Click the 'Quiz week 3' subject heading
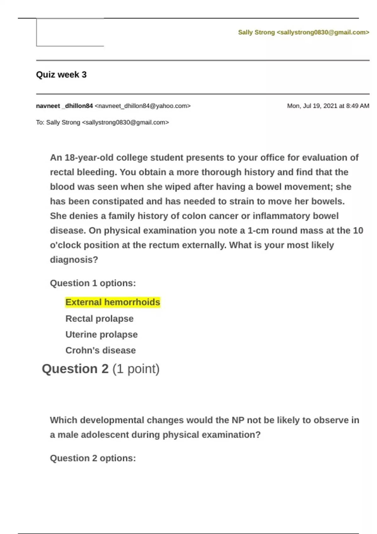tap(61, 75)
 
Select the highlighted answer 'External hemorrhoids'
tap(113, 302)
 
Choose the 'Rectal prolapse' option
tap(99, 319)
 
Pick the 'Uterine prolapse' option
tap(101, 335)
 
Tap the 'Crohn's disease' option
tap(101, 350)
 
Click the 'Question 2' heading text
tap(75, 369)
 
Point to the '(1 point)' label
tap(136, 369)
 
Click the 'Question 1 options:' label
tap(93, 283)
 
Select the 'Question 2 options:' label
tap(93, 458)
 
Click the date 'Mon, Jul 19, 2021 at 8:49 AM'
tap(328, 106)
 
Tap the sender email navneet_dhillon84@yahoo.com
tap(143, 106)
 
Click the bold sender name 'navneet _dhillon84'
tap(64, 106)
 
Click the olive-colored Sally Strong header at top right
tap(303, 32)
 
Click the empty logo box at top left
tap(70, 32)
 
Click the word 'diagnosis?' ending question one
tap(74, 260)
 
